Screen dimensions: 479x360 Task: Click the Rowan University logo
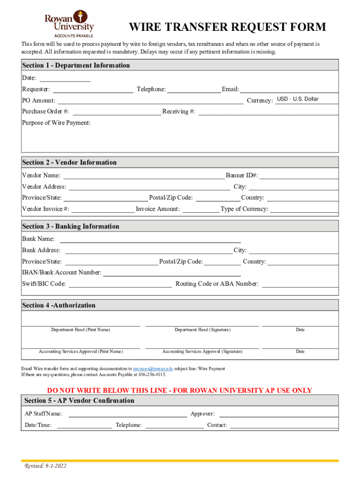click(x=69, y=25)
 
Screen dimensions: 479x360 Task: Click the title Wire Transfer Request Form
click(x=227, y=27)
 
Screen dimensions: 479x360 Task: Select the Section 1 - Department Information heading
click(x=76, y=65)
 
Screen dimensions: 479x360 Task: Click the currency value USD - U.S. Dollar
click(x=297, y=99)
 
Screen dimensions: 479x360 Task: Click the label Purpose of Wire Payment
click(x=56, y=123)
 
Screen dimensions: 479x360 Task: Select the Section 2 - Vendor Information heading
click(x=69, y=163)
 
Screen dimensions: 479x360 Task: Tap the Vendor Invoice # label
click(x=46, y=209)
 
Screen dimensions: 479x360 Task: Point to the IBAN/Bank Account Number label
click(x=61, y=273)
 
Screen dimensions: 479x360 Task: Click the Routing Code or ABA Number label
click(x=216, y=284)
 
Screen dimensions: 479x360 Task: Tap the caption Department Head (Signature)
click(x=202, y=330)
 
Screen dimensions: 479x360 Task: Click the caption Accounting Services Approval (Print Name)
click(x=81, y=352)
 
